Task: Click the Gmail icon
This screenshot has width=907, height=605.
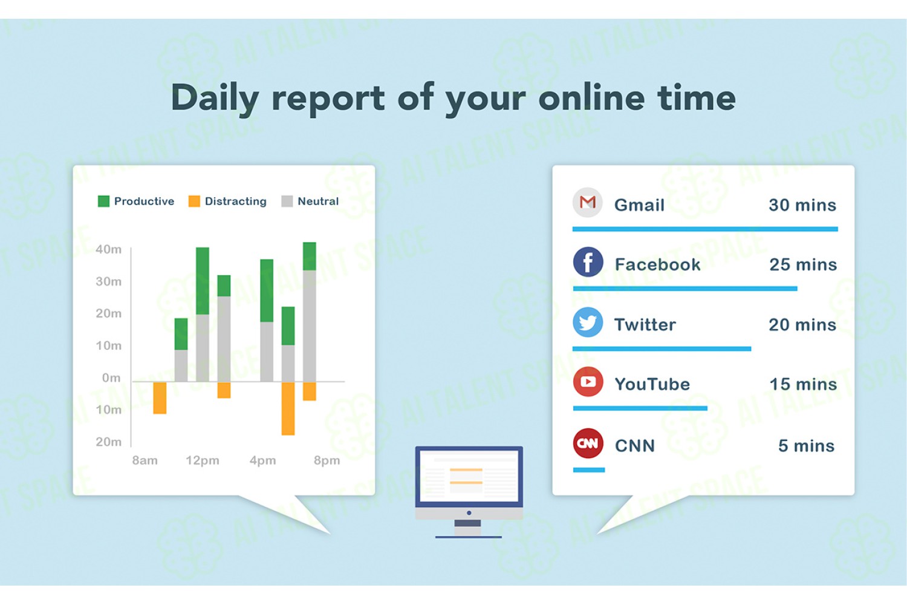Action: (x=588, y=202)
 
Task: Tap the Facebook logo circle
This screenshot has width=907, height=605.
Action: (x=588, y=262)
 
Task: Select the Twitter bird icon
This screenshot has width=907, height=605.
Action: (x=588, y=322)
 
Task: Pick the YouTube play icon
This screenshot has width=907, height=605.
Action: (x=588, y=382)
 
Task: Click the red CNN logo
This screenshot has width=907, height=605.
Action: (x=588, y=443)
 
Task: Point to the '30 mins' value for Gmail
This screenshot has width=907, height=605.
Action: (x=802, y=205)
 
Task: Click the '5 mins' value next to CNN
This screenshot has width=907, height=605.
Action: (x=806, y=446)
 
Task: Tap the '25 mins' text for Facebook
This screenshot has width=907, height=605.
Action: (x=803, y=264)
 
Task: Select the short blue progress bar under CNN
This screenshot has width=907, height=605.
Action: (x=589, y=470)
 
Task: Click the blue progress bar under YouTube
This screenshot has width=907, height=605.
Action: (x=640, y=408)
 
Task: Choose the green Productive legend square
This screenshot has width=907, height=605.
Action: (x=103, y=201)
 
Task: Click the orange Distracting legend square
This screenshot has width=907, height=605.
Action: (x=194, y=201)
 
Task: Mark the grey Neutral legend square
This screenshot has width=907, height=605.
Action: (x=287, y=201)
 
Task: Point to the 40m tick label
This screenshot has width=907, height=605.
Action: (x=108, y=250)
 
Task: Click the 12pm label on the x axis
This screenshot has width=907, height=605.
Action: (x=203, y=461)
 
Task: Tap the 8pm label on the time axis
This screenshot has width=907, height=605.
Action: (x=327, y=461)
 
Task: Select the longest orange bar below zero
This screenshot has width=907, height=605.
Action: (x=288, y=408)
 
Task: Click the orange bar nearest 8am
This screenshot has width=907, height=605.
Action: (x=160, y=398)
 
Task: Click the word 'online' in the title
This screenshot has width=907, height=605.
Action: (x=591, y=98)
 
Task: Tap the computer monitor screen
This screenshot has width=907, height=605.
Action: (x=469, y=477)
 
